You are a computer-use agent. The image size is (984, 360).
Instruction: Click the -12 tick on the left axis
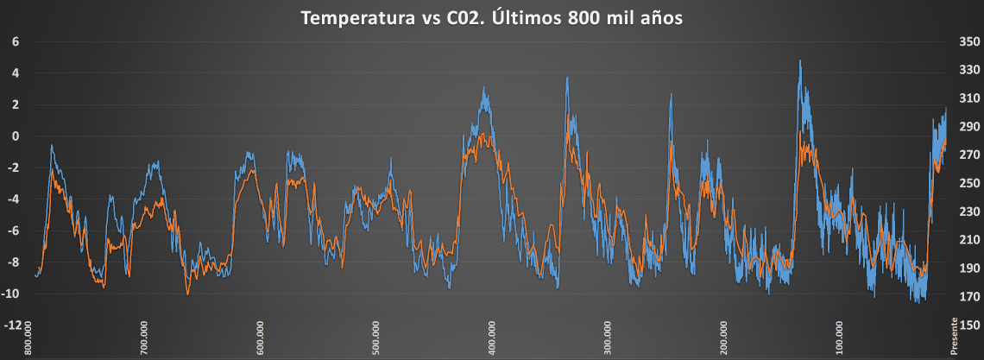click(13, 325)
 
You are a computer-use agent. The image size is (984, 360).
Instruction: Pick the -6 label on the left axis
click(14, 231)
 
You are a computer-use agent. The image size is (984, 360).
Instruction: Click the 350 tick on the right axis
click(969, 41)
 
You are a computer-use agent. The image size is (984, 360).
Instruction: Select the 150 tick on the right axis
click(969, 325)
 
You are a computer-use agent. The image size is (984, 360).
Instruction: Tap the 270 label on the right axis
click(969, 155)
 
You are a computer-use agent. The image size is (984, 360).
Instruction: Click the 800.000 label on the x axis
click(28, 338)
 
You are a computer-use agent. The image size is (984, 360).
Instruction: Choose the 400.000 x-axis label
click(491, 338)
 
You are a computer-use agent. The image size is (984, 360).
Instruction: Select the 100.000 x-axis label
click(838, 338)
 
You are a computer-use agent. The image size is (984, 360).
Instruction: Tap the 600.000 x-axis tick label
click(260, 338)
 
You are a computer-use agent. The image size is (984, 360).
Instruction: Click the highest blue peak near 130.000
click(800, 61)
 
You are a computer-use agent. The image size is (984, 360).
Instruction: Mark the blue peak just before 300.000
click(567, 78)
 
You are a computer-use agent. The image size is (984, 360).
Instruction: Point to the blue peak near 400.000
click(484, 88)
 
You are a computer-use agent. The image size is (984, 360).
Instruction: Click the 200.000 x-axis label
click(722, 338)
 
